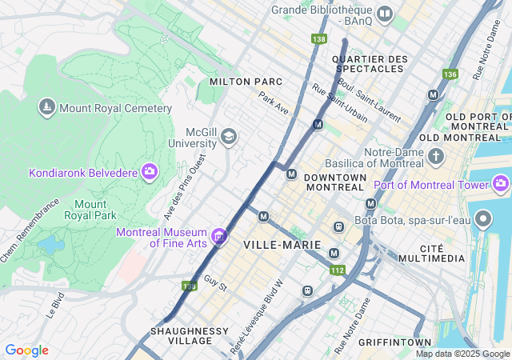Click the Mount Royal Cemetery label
point(116,108)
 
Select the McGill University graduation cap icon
point(230,137)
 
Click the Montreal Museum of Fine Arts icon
point(218,236)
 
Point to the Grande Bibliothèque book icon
point(385,14)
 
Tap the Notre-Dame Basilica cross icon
point(436,155)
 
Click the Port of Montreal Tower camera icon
point(502,185)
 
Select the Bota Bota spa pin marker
point(483,218)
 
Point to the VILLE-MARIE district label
point(282,244)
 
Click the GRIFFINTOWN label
point(396,342)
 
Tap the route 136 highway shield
point(450,74)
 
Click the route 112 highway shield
point(337,270)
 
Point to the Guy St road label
point(215,283)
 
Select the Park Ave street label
point(273,102)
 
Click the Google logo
point(26,350)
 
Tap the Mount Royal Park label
point(96,210)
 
